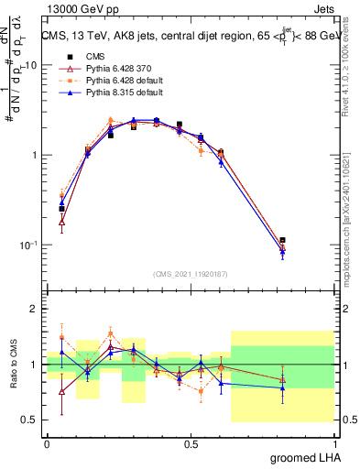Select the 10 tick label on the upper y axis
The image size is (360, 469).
coord(29,66)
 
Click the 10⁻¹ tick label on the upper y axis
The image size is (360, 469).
coord(27,245)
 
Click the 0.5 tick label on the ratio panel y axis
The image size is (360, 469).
coord(29,420)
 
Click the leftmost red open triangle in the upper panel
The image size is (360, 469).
coord(61,222)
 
